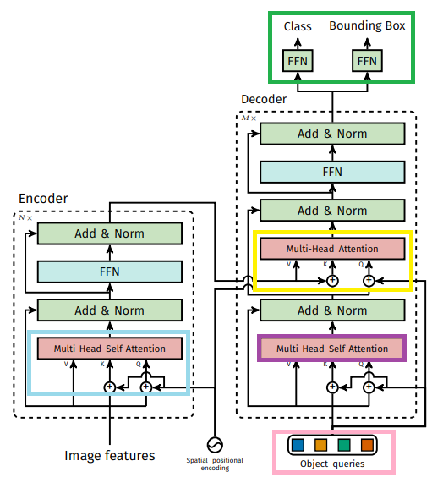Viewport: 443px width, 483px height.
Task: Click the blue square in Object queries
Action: [298, 445]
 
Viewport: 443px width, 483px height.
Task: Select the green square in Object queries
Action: [344, 445]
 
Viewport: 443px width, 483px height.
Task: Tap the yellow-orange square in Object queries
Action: [320, 445]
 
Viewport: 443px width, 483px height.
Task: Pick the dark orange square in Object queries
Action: [367, 445]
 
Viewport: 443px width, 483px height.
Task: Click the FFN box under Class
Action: [298, 61]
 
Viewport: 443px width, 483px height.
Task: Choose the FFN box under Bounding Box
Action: [367, 61]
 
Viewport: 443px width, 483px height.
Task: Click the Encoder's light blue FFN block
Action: [110, 272]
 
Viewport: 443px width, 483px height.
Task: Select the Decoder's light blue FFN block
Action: [332, 172]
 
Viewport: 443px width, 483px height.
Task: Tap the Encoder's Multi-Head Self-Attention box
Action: [110, 349]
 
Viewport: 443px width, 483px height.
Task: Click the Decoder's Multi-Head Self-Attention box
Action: [332, 349]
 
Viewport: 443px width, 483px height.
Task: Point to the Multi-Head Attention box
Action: [332, 249]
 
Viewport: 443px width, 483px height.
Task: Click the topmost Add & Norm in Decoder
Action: [332, 134]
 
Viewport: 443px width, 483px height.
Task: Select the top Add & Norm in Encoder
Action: [110, 233]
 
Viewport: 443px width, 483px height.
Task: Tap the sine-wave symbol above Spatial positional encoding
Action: [215, 445]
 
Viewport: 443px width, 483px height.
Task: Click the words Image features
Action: [110, 456]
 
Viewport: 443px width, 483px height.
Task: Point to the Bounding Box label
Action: [367, 25]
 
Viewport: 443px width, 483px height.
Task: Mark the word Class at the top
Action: [298, 26]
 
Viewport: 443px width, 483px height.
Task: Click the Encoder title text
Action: [43, 199]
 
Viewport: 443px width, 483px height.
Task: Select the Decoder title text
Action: [264, 99]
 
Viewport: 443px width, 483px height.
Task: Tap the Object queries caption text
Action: [332, 464]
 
